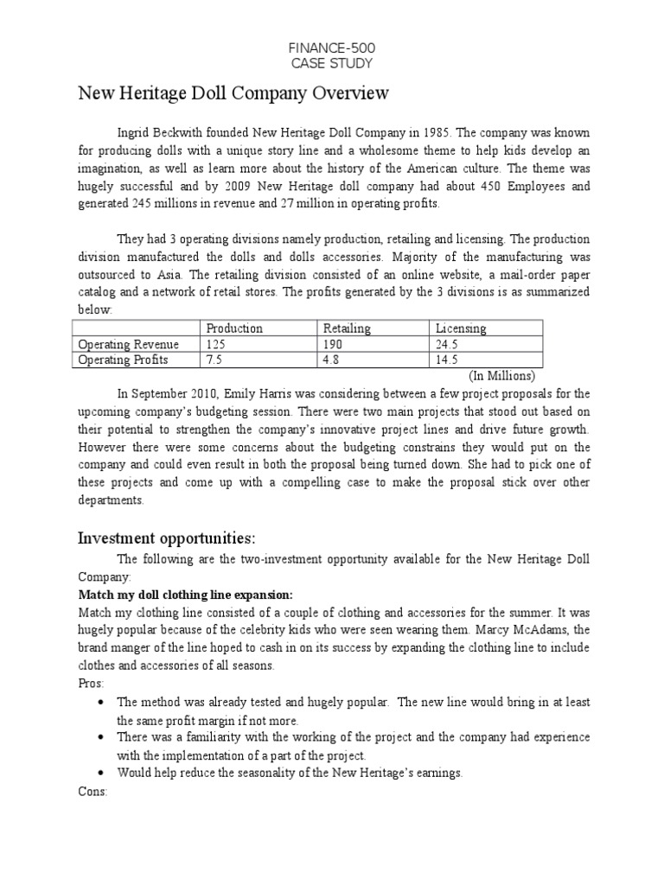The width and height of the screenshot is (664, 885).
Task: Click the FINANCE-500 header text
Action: pos(332,47)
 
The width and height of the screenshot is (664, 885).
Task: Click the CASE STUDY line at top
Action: pos(332,62)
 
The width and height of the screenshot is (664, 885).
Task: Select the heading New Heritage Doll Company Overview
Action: pos(233,93)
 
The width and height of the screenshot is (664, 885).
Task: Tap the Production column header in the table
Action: pos(233,328)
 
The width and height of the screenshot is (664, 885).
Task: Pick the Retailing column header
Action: pos(347,328)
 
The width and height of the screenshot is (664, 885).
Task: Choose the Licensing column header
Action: pos(461,328)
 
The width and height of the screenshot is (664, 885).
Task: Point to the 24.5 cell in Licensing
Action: pos(449,344)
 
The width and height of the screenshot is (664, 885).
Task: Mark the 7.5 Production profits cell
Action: pos(213,360)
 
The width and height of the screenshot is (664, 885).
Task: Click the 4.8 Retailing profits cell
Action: pos(332,360)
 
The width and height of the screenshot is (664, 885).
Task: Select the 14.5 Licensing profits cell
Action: pos(449,360)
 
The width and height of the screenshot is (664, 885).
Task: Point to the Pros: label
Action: pos(91,683)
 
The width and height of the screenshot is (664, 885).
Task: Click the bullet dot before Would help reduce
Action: pos(103,774)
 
